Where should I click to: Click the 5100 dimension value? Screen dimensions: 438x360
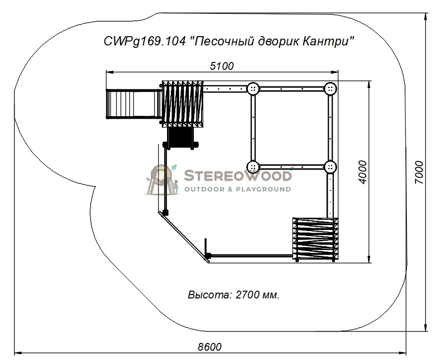point(222,66)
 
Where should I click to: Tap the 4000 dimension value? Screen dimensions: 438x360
point(362,172)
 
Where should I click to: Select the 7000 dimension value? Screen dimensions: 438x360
point(419,172)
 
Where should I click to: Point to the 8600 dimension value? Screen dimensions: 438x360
point(209,347)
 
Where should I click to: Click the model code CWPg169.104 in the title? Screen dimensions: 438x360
point(145,42)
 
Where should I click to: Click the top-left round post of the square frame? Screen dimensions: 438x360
point(253,89)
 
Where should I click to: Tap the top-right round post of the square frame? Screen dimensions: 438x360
point(331,89)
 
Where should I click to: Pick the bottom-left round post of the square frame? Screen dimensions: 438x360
point(253,167)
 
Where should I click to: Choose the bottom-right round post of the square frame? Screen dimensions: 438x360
point(331,167)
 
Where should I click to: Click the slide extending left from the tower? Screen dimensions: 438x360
point(133,104)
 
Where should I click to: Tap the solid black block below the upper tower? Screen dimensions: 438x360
point(180,138)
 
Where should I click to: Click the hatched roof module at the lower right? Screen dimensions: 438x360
point(315,239)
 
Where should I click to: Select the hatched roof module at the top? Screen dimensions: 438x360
point(183,104)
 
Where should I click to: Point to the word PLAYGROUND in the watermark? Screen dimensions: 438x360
point(263,190)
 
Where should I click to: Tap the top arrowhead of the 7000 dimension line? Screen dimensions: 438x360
point(425,16)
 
